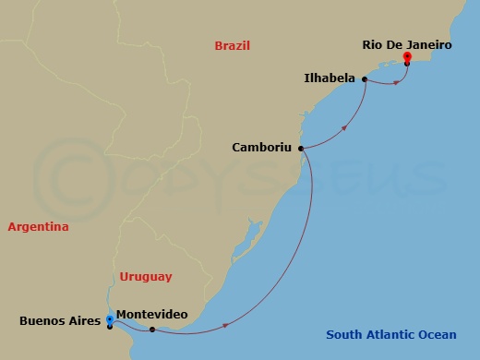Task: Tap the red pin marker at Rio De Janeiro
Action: tap(407, 58)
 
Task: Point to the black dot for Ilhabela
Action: tap(366, 79)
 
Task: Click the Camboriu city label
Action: tap(262, 147)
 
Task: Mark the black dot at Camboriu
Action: tap(302, 147)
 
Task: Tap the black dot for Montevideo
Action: tap(152, 329)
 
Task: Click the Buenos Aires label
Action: tap(58, 321)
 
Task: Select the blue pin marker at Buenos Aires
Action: tap(110, 320)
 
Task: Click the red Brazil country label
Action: tap(232, 45)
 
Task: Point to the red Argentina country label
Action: tap(38, 227)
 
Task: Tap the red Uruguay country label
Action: tap(146, 276)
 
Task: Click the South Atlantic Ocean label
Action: tap(390, 335)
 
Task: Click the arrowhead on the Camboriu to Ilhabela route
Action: tap(345, 128)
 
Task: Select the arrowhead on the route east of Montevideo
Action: tap(224, 323)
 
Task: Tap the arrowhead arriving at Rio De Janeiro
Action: tap(398, 82)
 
